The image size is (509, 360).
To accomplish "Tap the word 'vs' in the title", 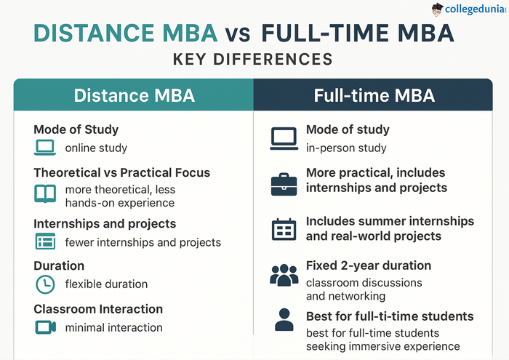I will coord(239,34).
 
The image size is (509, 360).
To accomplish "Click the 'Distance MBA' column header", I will coord(133,95).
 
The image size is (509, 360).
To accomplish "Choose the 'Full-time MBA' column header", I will coord(374,95).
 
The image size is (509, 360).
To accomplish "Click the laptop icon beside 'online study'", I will coord(45,148).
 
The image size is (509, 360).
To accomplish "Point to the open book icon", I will coord(45,193).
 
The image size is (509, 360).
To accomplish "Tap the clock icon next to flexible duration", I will coord(45,284).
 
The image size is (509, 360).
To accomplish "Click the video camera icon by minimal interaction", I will coord(45,327).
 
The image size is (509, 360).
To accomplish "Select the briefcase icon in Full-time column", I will coord(284,184).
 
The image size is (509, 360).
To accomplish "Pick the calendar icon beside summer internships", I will coord(284,230).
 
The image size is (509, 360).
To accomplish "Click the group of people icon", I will coord(284,275).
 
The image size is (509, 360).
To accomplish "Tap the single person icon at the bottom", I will coord(284,320).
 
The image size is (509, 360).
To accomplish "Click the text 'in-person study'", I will coord(346,148).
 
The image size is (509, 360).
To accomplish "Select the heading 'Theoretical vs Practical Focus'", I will coord(121,173).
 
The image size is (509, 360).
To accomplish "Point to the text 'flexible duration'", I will coord(106,284).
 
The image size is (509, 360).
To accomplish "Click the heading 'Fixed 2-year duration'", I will coord(368,265).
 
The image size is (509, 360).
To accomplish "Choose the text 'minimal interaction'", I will coord(113,328).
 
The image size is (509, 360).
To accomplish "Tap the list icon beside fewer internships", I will coord(45,241).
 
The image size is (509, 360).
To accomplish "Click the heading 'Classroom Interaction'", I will coord(98,309).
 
